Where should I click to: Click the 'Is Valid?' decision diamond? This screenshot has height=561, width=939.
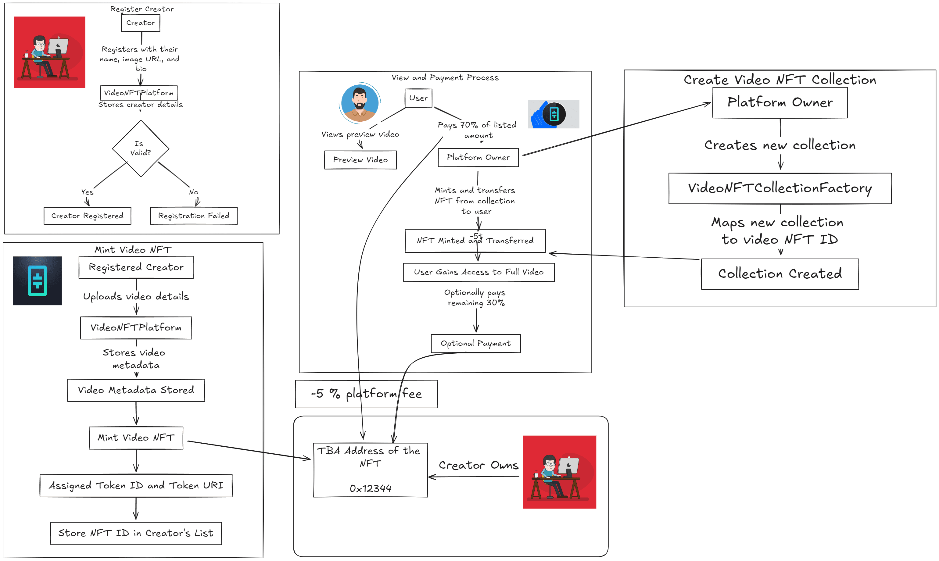coord(140,148)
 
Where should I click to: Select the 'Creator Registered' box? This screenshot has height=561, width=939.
coord(87,216)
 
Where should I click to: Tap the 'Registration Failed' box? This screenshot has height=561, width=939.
coord(194,216)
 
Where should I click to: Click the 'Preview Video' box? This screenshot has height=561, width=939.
coord(360,159)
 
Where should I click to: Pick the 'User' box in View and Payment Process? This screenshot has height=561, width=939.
coord(418,98)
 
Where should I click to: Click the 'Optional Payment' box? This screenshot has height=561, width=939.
coord(475,343)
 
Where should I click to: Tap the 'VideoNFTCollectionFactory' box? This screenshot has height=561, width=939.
coord(780,188)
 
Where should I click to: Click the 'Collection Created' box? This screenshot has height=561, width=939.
coord(780,274)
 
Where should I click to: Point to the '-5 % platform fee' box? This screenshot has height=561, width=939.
coord(366,394)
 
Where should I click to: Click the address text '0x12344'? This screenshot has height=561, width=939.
coord(370,488)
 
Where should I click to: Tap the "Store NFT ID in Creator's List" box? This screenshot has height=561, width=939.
coord(136,533)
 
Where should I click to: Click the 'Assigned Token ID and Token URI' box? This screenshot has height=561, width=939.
coord(136,485)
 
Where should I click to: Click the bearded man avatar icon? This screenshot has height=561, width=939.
coord(360,103)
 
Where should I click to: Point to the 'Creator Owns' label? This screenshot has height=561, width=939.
coord(478,465)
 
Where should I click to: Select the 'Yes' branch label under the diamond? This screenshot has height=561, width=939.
coord(87,192)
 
